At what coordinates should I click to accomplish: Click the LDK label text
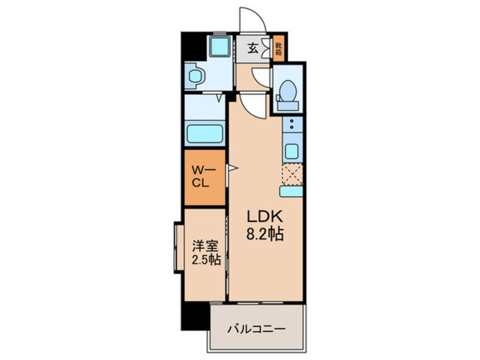(x=265, y=217)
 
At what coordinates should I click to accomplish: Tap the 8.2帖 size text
(x=265, y=234)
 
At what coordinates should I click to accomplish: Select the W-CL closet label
(x=200, y=176)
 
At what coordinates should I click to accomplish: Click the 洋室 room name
(x=205, y=246)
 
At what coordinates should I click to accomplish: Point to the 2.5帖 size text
(x=206, y=260)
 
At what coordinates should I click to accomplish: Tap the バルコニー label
(x=256, y=329)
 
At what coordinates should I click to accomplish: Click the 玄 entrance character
(x=252, y=48)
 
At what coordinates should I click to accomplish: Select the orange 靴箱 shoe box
(x=278, y=49)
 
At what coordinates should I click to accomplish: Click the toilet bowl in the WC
(x=288, y=91)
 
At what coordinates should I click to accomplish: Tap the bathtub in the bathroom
(x=204, y=133)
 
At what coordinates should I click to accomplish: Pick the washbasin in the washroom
(x=195, y=76)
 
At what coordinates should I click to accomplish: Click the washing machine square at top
(x=220, y=46)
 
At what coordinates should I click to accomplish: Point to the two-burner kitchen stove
(x=292, y=125)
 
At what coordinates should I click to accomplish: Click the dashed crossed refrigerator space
(x=292, y=174)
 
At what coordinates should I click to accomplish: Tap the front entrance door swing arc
(x=253, y=20)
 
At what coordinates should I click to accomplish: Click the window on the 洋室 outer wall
(x=178, y=246)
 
